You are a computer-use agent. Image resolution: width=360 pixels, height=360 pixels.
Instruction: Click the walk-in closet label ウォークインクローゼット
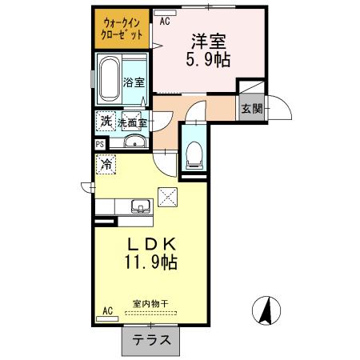pos(122,29)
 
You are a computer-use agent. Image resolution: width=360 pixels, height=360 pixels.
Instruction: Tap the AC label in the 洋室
pos(165,22)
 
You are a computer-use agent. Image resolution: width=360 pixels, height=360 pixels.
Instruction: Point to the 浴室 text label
pos(134,82)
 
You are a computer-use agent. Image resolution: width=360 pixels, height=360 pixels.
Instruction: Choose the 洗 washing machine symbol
pos(106,121)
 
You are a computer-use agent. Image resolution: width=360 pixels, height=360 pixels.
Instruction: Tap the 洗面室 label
pos(133,122)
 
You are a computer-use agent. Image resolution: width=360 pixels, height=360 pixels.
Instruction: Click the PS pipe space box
pos(100,144)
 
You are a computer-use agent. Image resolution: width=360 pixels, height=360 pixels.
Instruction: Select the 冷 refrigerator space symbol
pos(106,164)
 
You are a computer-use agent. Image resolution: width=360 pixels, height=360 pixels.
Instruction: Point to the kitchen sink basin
pos(141,206)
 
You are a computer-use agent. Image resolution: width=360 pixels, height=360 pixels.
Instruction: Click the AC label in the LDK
pos(107,311)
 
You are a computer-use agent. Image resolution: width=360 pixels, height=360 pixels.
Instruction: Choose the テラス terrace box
pos(150,339)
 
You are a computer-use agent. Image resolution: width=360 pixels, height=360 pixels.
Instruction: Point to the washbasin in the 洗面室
pos(134,143)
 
